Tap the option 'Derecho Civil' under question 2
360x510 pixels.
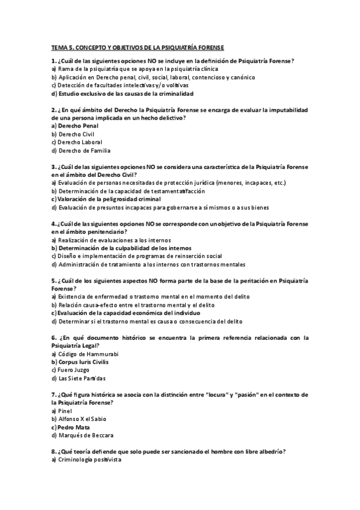click(x=77, y=134)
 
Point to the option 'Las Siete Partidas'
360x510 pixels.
click(x=82, y=378)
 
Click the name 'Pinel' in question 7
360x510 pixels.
click(x=66, y=411)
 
